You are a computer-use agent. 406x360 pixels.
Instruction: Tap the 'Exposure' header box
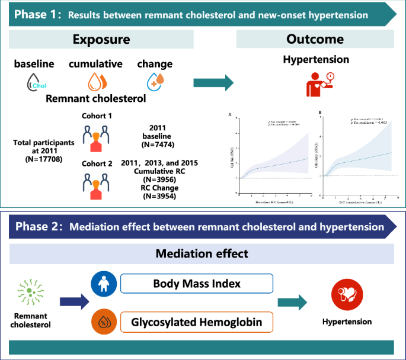coord(102,40)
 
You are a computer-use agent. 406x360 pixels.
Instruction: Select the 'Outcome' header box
coord(315,40)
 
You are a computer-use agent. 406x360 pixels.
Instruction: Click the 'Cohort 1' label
coord(97,115)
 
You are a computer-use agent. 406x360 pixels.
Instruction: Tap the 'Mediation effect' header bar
coord(203,254)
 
